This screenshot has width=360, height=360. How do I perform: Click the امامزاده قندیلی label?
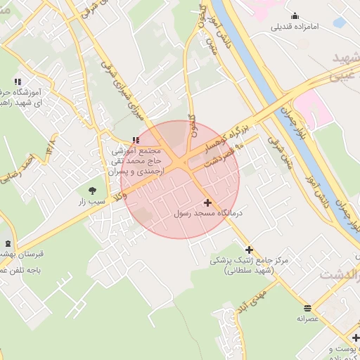coord(295,27)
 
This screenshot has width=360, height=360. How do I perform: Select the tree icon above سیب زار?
coord(92,190)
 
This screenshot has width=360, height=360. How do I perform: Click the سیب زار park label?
coord(92,201)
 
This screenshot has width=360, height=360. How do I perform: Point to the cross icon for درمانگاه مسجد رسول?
coord(206,202)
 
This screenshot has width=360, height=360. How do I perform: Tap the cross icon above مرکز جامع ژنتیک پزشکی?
coord(249,250)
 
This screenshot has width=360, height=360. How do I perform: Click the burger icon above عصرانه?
coord(307,308)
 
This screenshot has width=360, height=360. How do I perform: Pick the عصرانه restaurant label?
coord(308,319)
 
